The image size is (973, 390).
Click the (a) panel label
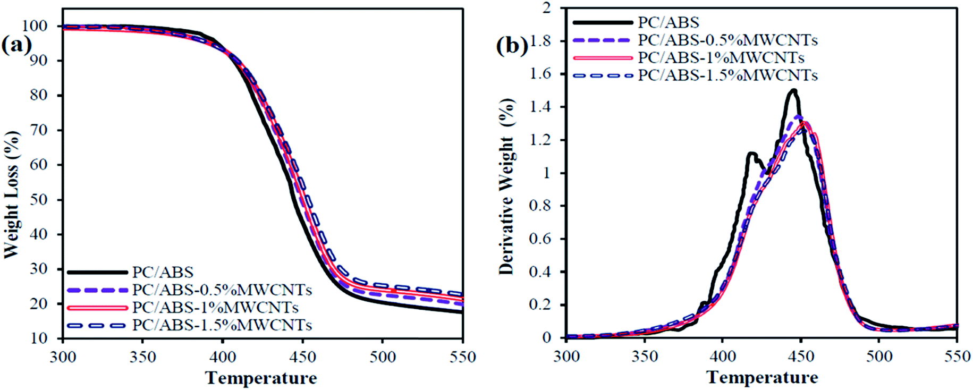[16, 45]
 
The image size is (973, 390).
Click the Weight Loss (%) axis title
[11, 196]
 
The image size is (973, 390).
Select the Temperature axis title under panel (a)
[261, 378]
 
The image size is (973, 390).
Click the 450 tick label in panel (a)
[303, 357]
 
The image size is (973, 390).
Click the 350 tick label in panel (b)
[644, 356]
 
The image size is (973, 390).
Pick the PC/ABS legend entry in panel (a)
[163, 272]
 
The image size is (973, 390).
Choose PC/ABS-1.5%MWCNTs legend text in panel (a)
[222, 325]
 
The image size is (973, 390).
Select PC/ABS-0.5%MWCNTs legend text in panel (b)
[727, 40]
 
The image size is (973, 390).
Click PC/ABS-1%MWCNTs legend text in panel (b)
[721, 57]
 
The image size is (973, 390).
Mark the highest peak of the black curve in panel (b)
[793, 90]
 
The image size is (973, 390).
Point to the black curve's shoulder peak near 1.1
[751, 154]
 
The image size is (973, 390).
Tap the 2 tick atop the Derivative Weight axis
[547, 8]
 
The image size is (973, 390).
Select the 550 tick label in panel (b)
[957, 356]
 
